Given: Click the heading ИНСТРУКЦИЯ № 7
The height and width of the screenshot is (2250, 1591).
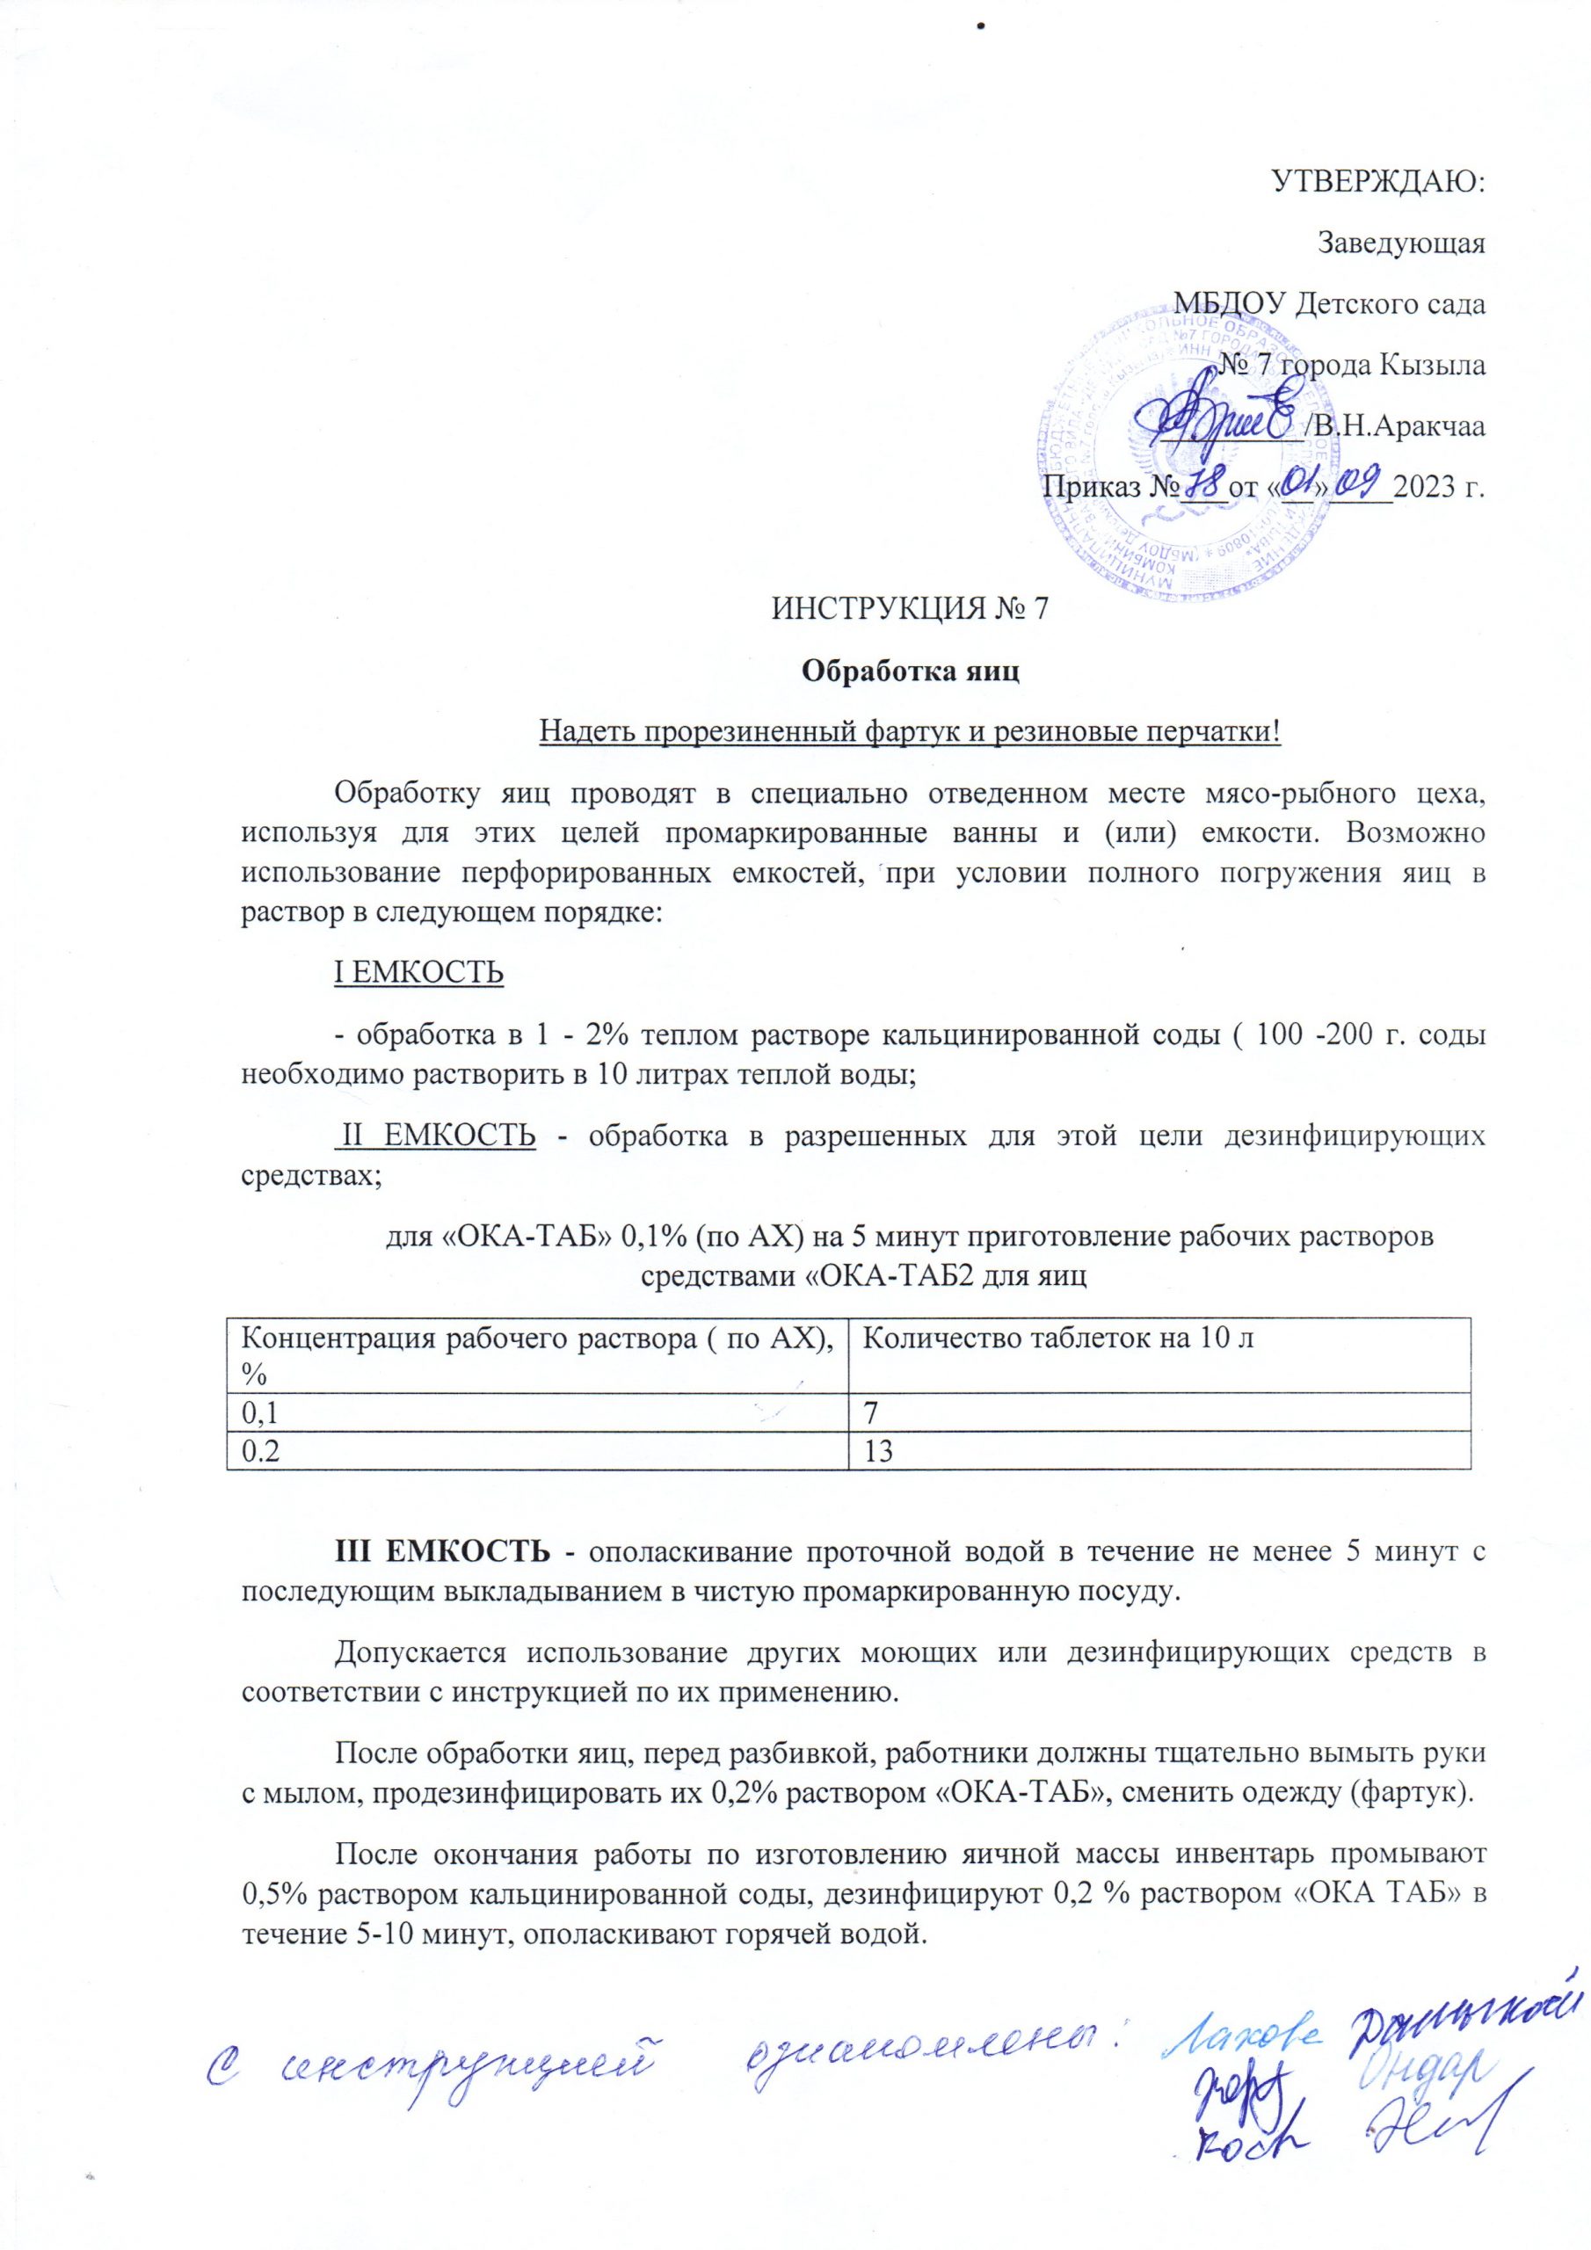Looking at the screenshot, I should coord(911,610).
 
